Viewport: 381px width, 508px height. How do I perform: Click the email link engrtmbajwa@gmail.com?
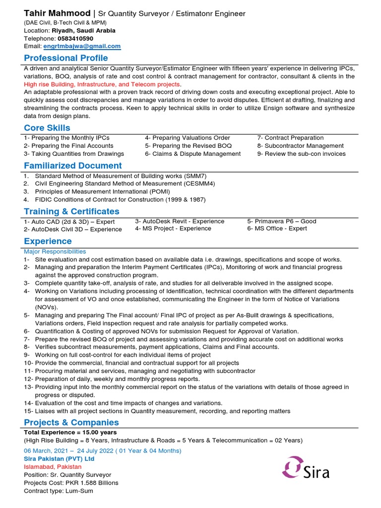pos(82,46)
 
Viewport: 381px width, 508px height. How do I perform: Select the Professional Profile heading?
pos(66,58)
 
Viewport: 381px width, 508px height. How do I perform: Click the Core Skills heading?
pos(47,128)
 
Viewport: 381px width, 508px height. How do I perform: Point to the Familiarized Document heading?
pos(73,166)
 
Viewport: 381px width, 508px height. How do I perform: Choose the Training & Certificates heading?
pos(71,211)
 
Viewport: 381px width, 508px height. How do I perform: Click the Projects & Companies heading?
pos(71,422)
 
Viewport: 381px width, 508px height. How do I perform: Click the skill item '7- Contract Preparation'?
pos(290,138)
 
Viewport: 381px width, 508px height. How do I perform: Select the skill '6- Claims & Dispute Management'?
pos(192,154)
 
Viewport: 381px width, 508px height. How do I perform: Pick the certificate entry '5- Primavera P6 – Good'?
pos(281,221)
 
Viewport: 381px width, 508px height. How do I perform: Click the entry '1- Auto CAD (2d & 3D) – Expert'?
pos(69,222)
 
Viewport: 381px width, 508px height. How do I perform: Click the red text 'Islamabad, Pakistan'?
pos(53,467)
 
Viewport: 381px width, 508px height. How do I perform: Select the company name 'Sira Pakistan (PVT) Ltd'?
pos(59,459)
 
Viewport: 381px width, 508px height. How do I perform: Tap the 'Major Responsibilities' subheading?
pos(55,252)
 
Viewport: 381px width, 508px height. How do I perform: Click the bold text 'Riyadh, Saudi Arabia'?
pos(83,30)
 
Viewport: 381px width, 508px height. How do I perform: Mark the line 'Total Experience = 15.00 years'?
pos(70,432)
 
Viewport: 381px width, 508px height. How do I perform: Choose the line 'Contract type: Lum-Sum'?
pos(59,491)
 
